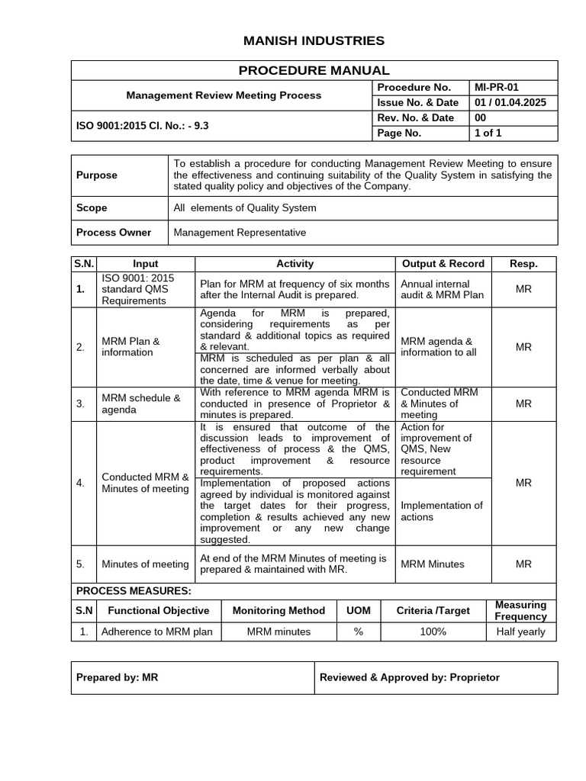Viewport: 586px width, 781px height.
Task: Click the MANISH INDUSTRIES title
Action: (x=314, y=40)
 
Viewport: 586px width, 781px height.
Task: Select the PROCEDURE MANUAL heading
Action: (x=314, y=70)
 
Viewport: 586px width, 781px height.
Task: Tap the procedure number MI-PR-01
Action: (x=496, y=88)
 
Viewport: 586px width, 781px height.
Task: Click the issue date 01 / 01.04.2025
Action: (x=510, y=103)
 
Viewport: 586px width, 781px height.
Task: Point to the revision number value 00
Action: (x=480, y=118)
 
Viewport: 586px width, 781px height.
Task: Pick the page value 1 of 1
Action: (x=488, y=133)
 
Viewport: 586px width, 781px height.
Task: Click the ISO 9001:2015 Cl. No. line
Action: (x=142, y=126)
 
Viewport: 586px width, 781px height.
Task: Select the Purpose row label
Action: (x=97, y=175)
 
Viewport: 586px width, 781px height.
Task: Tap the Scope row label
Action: (x=92, y=208)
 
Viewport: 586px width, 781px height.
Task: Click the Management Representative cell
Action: (x=240, y=233)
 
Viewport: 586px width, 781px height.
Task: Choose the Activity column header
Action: (x=295, y=264)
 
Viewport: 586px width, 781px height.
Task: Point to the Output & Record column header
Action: (x=443, y=264)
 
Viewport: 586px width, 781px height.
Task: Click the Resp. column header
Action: (x=523, y=264)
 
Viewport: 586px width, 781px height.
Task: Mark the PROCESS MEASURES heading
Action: (x=133, y=591)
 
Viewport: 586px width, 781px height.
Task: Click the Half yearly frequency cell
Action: (x=520, y=632)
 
